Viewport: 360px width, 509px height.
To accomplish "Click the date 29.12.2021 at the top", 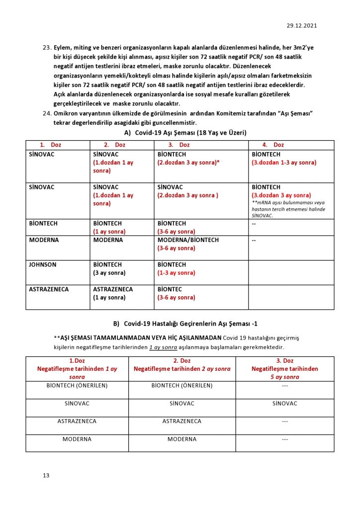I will tap(302, 26).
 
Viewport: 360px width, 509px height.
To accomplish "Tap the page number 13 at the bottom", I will tap(46, 476).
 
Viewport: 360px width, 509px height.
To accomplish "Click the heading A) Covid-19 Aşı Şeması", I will tap(185, 133).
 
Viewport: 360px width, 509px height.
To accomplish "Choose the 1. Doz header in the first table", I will tap(50, 145).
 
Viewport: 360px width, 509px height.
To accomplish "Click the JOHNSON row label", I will tap(43, 264).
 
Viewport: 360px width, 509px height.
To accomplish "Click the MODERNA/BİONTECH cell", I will tap(188, 240).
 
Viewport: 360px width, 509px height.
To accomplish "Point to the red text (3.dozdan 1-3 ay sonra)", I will tap(284, 163).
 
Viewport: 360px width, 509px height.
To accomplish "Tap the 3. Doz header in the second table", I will tap(285, 360).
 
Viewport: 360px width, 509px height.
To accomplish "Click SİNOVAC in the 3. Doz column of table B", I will tap(284, 403).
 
